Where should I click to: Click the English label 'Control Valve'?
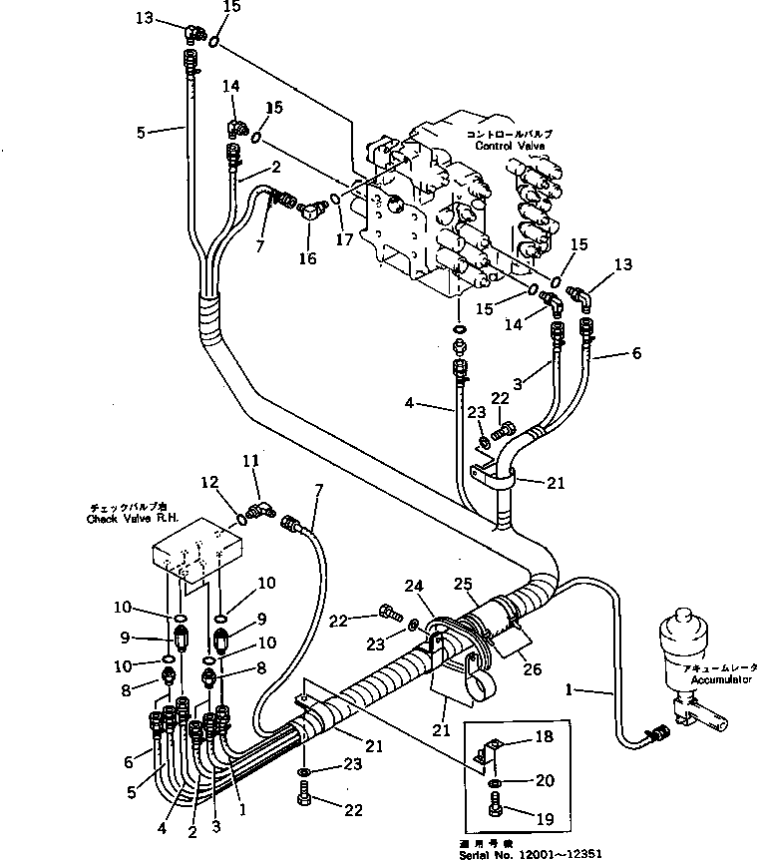click(506, 146)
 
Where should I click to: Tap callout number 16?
click(308, 258)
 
